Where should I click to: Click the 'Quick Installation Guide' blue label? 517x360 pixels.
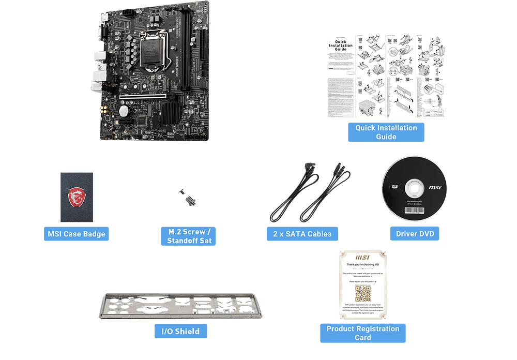386,132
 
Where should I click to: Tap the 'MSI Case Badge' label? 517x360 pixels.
77,234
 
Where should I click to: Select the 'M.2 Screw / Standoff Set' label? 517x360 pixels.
189,236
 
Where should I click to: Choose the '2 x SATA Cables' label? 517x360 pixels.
302,234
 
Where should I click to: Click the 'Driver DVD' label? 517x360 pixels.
415,234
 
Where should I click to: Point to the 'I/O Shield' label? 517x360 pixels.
180,331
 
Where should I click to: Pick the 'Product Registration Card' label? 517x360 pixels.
362,333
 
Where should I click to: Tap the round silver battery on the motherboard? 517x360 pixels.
124,110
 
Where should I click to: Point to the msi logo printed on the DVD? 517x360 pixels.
434,187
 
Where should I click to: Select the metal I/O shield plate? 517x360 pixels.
180,306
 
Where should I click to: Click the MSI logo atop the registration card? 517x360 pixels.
362,257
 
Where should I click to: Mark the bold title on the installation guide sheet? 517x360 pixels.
340,46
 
